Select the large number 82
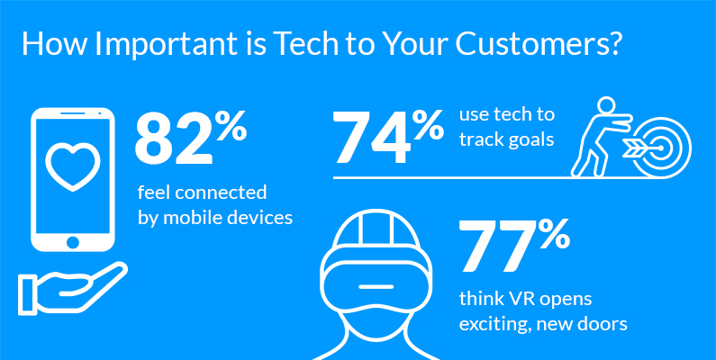click(175, 139)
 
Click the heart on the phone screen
click(73, 166)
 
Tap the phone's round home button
click(73, 243)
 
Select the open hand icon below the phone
click(72, 288)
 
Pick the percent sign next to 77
click(555, 234)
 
